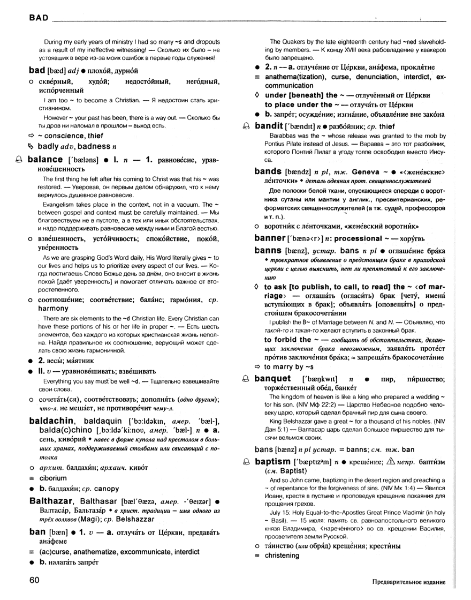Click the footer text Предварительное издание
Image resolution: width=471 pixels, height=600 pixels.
click(x=407, y=582)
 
